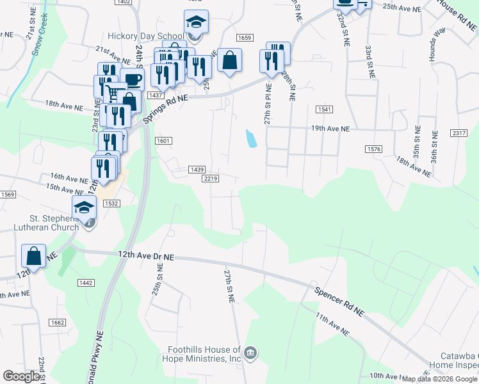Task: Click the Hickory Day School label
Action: click(138, 36)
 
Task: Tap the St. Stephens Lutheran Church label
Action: click(40, 222)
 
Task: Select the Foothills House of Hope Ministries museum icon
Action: click(250, 353)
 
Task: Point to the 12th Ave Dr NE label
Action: click(147, 255)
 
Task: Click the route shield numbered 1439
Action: click(197, 170)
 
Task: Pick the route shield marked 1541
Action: click(324, 110)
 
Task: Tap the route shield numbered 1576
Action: click(374, 149)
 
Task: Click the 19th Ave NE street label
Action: click(330, 129)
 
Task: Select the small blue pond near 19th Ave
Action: click(252, 138)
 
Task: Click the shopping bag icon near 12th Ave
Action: click(34, 255)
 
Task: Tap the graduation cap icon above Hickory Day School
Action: click(196, 22)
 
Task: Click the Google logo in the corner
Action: click(22, 376)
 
